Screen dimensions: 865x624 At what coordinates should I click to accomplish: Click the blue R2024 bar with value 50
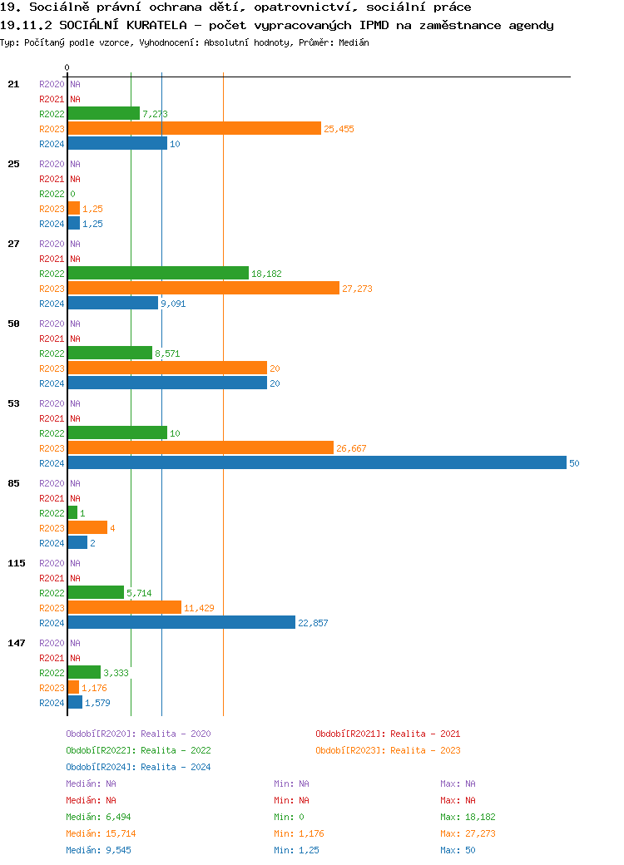(x=316, y=462)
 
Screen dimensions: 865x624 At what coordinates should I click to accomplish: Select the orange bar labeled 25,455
(x=194, y=128)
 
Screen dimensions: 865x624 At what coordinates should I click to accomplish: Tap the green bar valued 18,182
(x=158, y=273)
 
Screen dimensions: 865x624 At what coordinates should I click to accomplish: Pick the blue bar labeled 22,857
(x=181, y=622)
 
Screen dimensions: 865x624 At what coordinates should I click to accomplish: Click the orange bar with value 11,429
(x=124, y=607)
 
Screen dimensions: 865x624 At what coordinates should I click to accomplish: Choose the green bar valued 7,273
(x=103, y=113)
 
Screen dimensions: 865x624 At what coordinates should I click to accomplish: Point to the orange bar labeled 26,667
(x=201, y=447)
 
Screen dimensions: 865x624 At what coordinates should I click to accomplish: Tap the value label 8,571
(x=167, y=353)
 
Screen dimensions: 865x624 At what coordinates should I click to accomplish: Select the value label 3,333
(x=116, y=673)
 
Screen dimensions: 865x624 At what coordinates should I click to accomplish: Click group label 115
(x=17, y=563)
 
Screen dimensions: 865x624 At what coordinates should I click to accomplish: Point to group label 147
(x=17, y=643)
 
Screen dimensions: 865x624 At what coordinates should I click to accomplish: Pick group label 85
(x=14, y=483)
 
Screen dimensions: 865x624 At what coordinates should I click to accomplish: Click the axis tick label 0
(x=67, y=67)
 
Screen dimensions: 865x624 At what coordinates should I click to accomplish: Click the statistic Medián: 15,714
(x=101, y=833)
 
